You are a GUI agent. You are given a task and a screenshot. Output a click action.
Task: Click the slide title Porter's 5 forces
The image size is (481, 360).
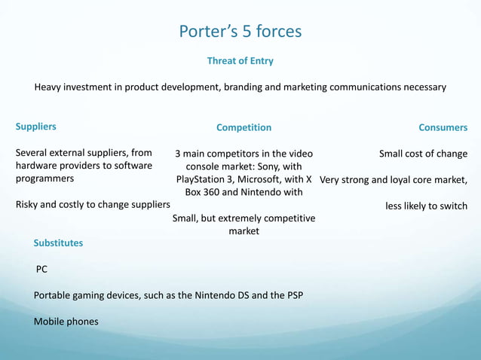tap(240, 32)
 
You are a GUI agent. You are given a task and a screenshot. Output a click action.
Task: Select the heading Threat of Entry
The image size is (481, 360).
tap(240, 61)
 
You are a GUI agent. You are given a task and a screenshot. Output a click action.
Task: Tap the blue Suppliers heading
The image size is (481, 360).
tap(36, 127)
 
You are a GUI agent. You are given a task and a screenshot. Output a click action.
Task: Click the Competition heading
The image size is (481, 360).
tap(244, 127)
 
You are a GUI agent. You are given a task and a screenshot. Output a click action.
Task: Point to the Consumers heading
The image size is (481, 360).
tap(443, 127)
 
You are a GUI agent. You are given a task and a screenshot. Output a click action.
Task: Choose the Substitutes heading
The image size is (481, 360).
tap(58, 243)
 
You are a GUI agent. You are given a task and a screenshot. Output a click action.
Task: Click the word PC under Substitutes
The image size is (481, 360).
tap(42, 269)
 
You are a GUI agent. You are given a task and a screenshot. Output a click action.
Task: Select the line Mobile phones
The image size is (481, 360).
tap(66, 322)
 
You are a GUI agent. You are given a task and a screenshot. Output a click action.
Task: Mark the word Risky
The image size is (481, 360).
tap(30, 205)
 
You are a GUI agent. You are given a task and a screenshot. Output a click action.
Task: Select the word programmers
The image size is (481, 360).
tap(44, 179)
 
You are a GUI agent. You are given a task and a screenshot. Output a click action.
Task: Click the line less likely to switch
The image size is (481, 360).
tap(426, 206)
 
